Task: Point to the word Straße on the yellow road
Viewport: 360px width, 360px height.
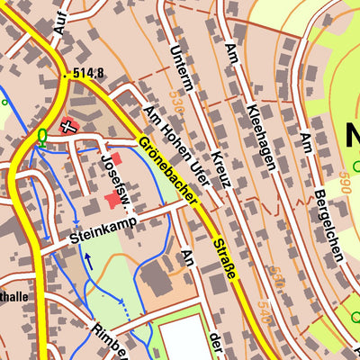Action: point(225,256)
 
